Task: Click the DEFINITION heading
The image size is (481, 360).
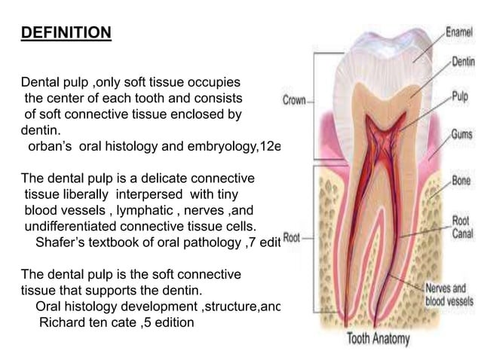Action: [66, 34]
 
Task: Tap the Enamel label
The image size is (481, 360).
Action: [459, 33]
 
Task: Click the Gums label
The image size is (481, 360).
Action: [461, 134]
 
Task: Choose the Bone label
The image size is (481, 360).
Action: [461, 182]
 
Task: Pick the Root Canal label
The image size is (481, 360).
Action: [461, 227]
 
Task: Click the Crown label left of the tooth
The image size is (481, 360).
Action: [295, 100]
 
